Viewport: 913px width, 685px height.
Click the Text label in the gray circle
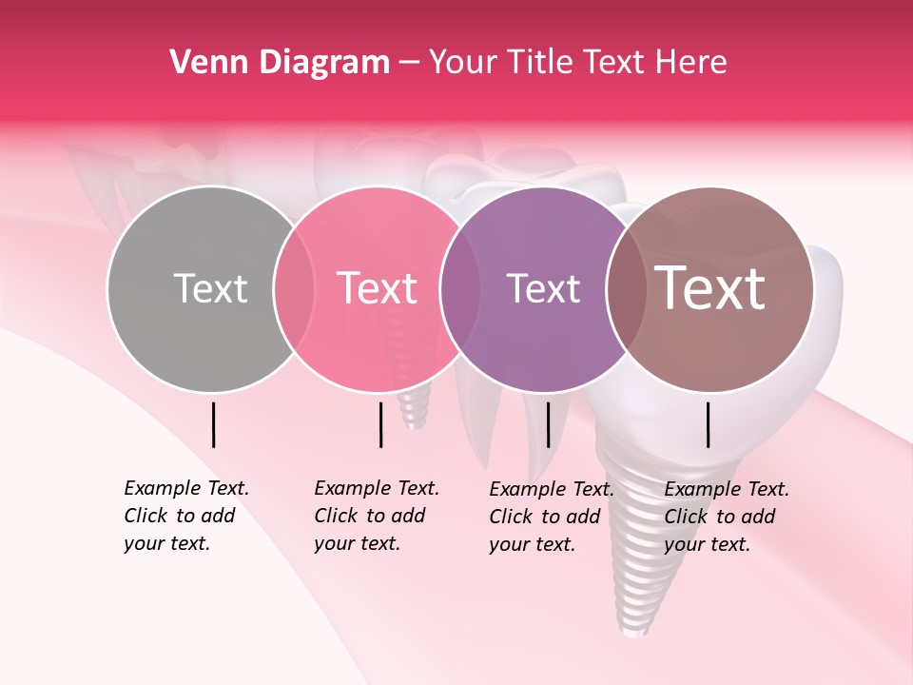(x=210, y=288)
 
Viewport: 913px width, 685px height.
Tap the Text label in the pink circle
(x=377, y=288)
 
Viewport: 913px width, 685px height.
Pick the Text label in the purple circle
(x=543, y=288)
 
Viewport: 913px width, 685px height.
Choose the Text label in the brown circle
(x=710, y=288)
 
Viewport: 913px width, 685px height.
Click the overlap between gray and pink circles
(x=294, y=289)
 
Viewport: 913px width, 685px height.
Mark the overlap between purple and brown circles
(x=626, y=289)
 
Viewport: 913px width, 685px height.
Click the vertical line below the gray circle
(x=214, y=424)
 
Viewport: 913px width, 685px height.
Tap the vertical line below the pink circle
(x=380, y=424)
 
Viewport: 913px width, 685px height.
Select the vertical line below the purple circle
(x=548, y=424)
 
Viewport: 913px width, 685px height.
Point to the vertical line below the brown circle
(x=709, y=424)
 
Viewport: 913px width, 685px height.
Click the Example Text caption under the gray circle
(x=186, y=516)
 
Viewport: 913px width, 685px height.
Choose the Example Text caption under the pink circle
(x=377, y=516)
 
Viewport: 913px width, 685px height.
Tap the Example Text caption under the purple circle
(x=552, y=517)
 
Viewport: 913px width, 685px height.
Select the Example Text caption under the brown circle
(x=727, y=517)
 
